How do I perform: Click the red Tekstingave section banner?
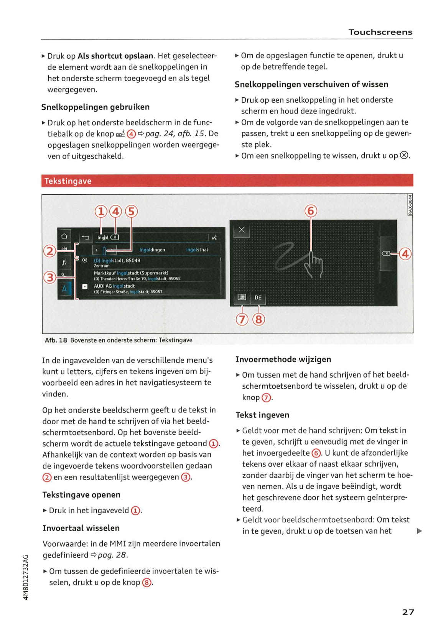coord(227,181)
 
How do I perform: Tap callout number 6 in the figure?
coord(311,211)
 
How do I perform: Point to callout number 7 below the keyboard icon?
coord(242,319)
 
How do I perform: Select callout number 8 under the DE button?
coord(259,319)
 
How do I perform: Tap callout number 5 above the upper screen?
coord(131,212)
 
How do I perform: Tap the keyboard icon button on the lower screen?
coord(242,297)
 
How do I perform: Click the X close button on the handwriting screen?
coord(242,230)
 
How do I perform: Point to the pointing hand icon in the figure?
coord(314,264)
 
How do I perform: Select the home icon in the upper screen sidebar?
coord(64,236)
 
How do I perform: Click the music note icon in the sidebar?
coord(64,262)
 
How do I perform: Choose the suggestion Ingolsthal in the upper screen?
coord(197,250)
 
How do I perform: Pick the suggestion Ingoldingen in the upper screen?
coord(152,250)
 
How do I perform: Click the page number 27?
coord(408,612)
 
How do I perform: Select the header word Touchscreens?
coord(380,32)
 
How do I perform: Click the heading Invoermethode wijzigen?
coord(283,359)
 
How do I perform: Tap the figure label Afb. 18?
coord(56,340)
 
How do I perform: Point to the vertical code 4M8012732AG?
coord(26,577)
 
